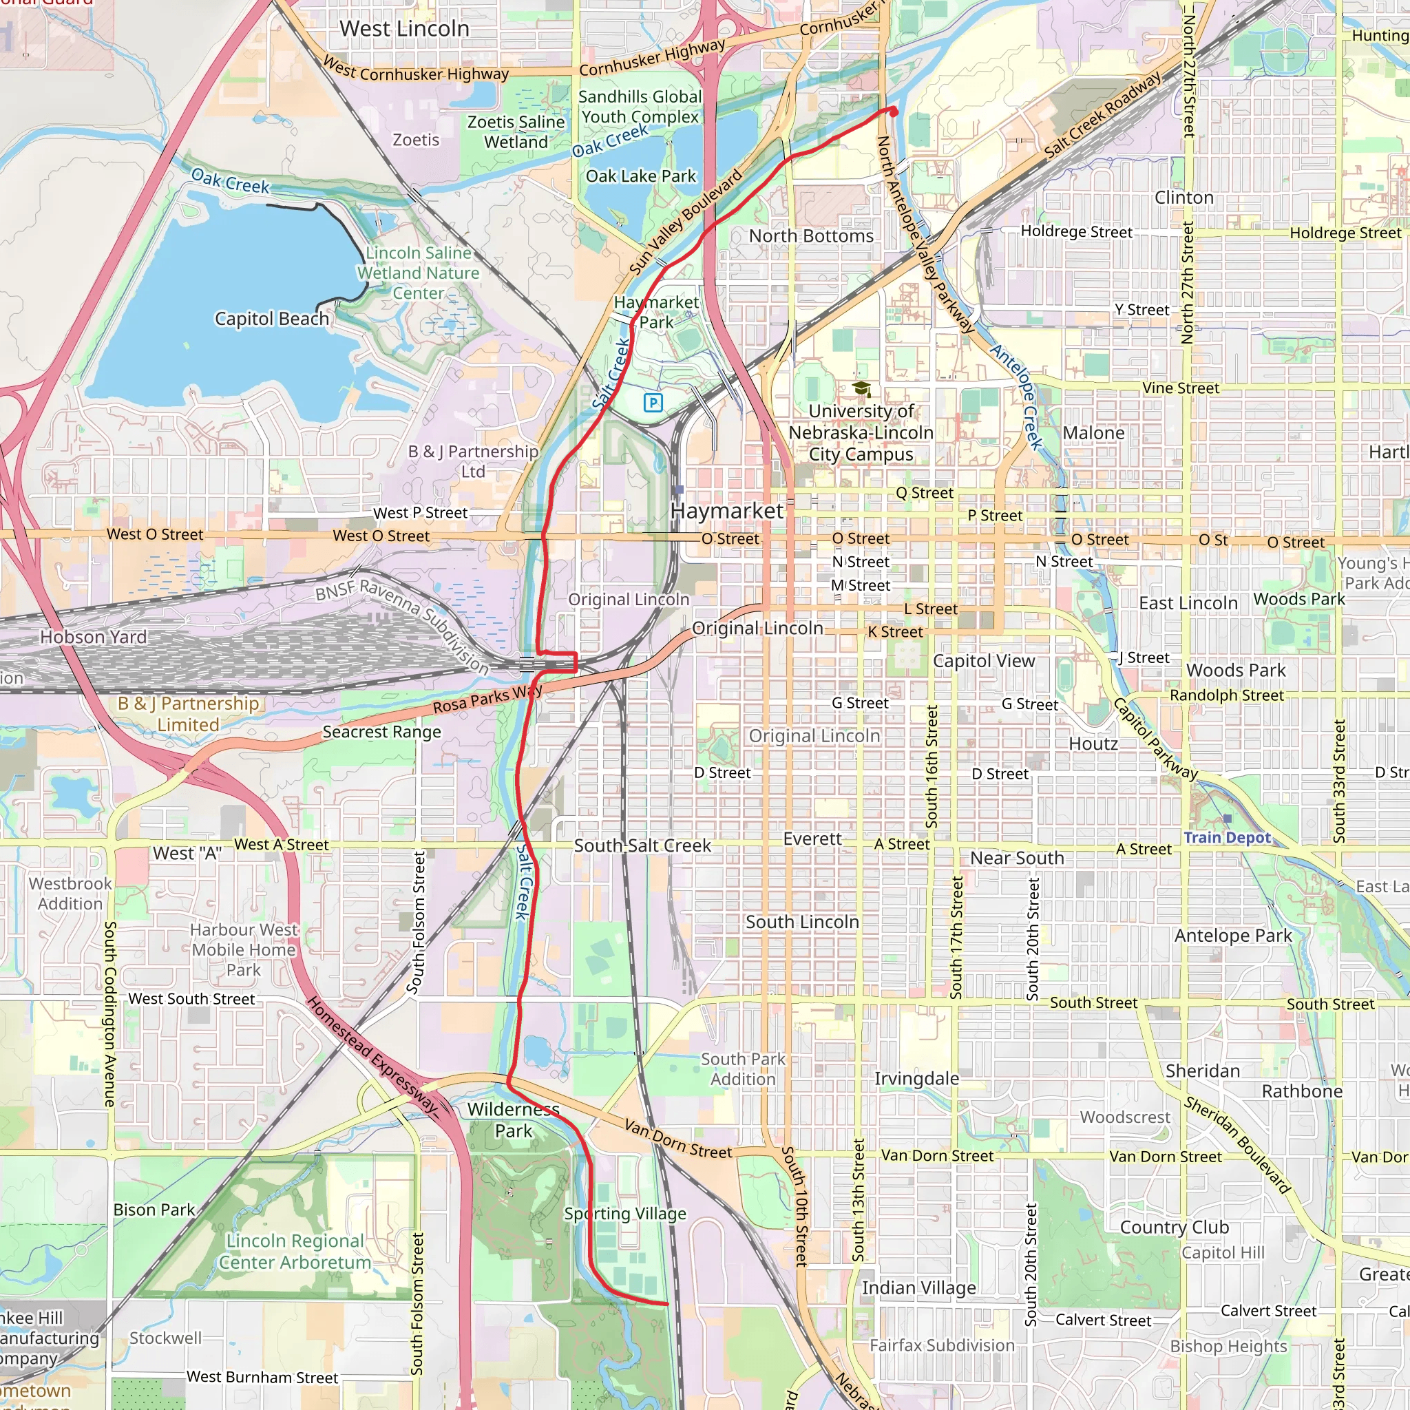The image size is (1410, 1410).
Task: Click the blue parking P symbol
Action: (653, 402)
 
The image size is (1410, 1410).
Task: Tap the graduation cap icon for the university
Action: (861, 389)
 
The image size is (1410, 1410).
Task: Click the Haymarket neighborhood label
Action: (727, 511)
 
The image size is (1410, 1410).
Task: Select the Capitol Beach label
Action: (271, 319)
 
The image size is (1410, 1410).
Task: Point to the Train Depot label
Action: (1227, 837)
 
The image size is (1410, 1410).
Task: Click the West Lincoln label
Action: (404, 29)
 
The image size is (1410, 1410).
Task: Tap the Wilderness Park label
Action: (514, 1119)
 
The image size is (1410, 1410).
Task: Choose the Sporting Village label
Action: (624, 1213)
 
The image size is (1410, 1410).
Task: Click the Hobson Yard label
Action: (94, 637)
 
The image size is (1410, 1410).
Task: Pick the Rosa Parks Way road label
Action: (487, 700)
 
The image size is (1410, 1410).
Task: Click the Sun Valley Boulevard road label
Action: (685, 222)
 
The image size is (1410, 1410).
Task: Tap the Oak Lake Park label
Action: (641, 176)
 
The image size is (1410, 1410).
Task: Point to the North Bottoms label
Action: (811, 235)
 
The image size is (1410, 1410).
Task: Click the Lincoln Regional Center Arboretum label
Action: (295, 1251)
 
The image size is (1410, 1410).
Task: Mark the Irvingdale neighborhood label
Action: (916, 1078)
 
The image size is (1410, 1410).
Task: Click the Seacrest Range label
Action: (381, 731)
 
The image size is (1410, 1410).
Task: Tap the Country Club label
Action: (1175, 1227)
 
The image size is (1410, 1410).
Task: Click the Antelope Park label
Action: (1232, 936)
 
